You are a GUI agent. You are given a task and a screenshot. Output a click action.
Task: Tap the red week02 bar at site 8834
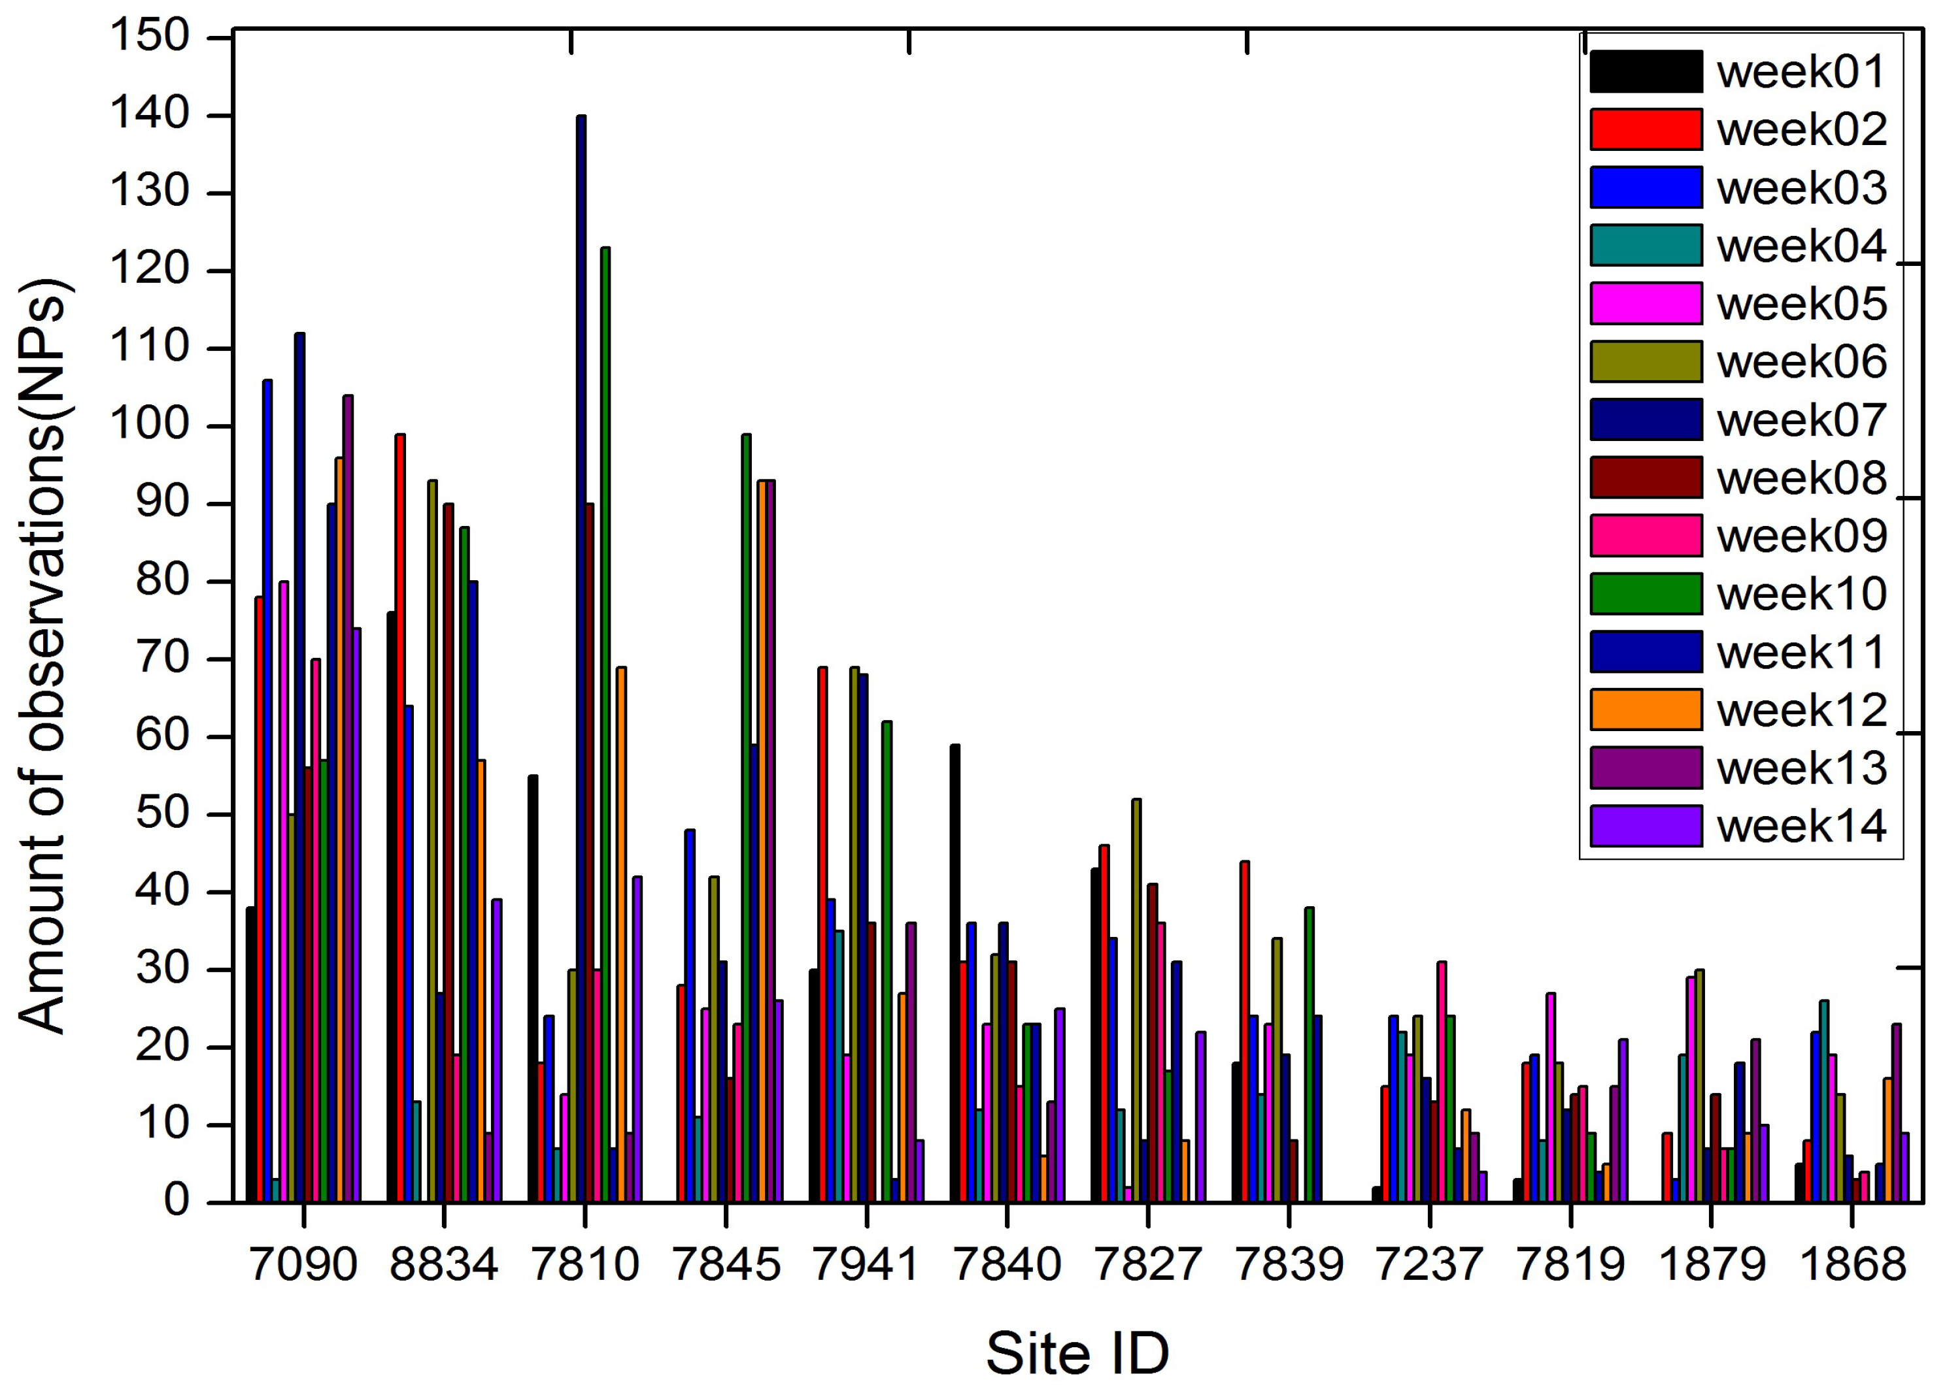(400, 818)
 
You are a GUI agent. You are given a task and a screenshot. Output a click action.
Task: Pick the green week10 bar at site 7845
(747, 818)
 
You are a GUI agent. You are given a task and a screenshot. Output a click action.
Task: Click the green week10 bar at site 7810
(606, 725)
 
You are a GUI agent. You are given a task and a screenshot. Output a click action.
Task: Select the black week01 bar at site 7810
(533, 989)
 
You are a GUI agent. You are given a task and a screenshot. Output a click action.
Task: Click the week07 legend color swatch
(1645, 419)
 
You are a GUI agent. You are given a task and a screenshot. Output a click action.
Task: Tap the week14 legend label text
(1801, 826)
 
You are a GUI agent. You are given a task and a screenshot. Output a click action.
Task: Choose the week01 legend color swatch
(1645, 71)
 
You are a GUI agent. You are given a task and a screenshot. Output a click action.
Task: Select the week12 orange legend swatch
(1645, 710)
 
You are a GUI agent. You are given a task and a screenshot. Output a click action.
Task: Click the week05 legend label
(1801, 304)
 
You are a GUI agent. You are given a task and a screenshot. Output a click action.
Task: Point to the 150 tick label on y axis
(149, 38)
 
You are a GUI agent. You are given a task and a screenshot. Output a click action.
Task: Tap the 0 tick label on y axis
(176, 1202)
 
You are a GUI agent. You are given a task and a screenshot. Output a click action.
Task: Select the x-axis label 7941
(866, 1264)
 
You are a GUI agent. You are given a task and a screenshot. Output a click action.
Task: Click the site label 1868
(1852, 1264)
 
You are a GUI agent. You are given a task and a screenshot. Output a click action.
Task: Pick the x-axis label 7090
(303, 1264)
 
